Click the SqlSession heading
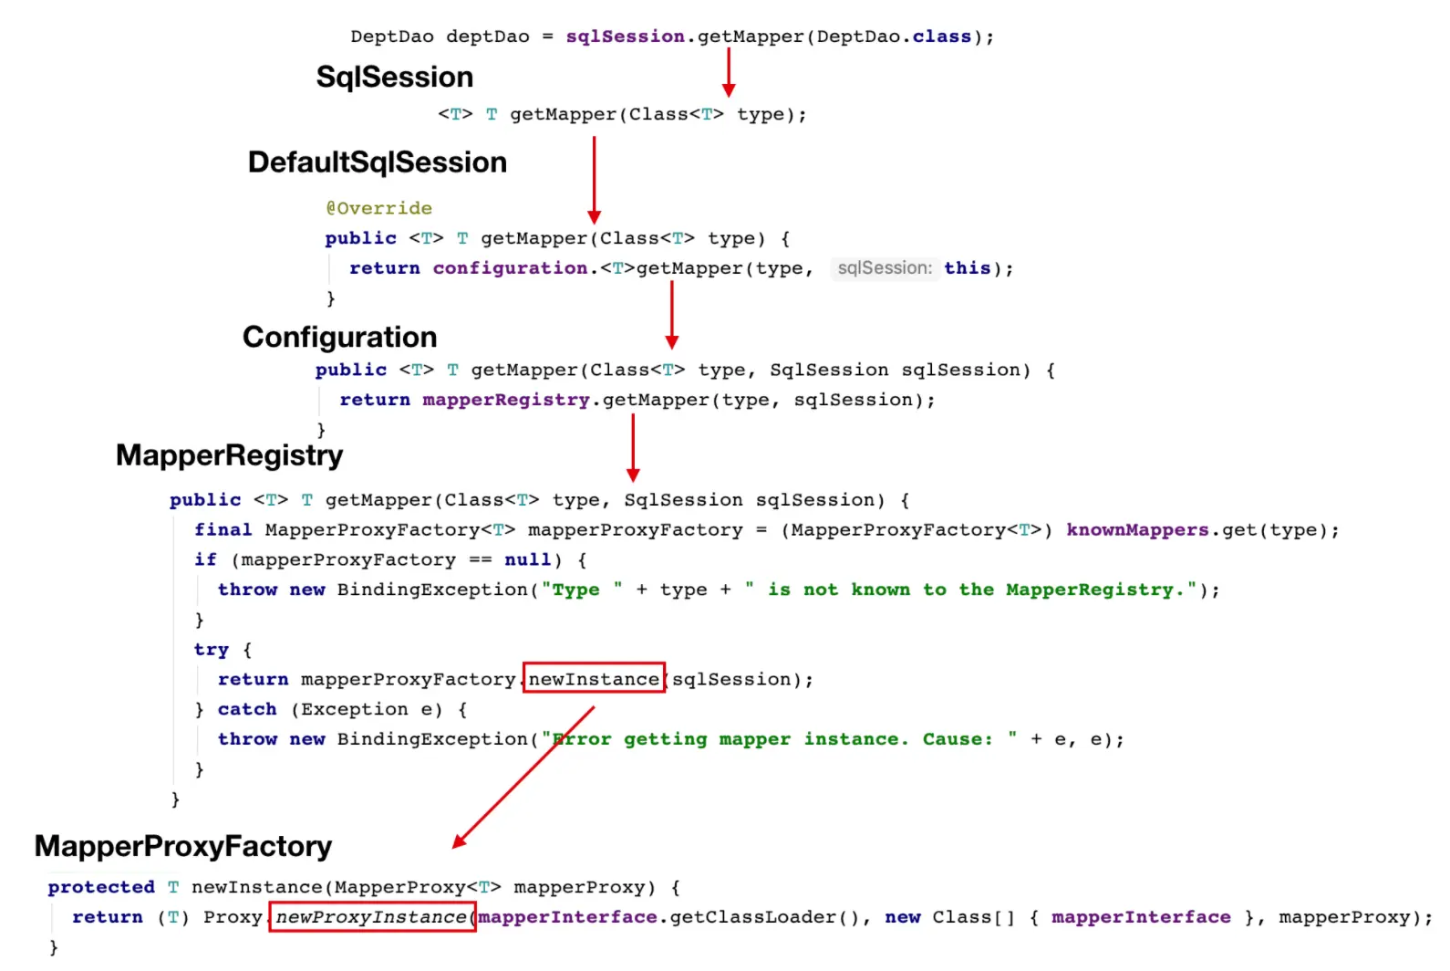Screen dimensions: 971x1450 point(394,78)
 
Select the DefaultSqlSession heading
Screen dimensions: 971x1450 point(377,162)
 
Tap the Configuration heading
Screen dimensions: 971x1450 point(339,338)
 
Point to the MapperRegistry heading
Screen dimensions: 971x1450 point(229,455)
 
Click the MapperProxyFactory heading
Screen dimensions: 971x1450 point(182,847)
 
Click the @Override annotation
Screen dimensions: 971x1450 point(378,208)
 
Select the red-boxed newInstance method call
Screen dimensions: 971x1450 point(594,679)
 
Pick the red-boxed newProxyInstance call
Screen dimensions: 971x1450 point(371,917)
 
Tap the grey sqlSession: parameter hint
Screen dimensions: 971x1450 point(884,268)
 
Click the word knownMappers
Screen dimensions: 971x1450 point(1137,530)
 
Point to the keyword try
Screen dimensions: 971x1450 point(211,650)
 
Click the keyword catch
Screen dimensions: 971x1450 point(246,709)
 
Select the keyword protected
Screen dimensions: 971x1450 point(101,887)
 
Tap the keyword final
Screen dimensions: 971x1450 point(223,530)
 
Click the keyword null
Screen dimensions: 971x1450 point(527,560)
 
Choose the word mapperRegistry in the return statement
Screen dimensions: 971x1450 point(506,400)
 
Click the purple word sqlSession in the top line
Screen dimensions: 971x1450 point(625,37)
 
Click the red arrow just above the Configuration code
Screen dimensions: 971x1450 point(671,315)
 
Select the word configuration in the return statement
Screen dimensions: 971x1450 point(510,268)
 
